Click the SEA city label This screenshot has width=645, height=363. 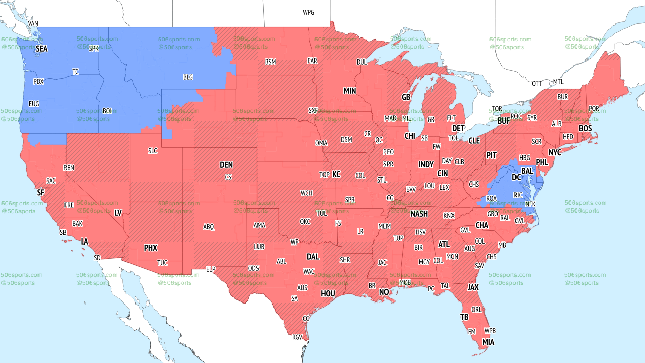(41, 49)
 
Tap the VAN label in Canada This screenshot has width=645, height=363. (33, 24)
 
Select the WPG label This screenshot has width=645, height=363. (308, 12)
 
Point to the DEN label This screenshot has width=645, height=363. (226, 165)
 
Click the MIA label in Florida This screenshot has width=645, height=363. (488, 342)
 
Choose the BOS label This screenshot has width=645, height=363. (585, 129)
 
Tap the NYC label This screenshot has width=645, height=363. (555, 152)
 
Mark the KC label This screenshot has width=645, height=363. (336, 175)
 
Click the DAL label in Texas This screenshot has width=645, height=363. (313, 257)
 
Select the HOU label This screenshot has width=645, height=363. (328, 293)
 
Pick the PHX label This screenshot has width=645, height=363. (151, 248)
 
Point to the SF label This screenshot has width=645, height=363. (41, 192)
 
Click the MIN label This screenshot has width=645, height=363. (350, 91)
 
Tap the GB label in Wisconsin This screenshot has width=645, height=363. (406, 97)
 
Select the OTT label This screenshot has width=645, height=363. (537, 83)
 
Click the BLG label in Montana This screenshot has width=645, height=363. (188, 77)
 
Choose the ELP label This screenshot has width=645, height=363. (211, 270)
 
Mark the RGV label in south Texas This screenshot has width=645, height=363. (297, 337)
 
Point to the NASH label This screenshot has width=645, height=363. (419, 214)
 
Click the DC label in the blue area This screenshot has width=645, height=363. (517, 178)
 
